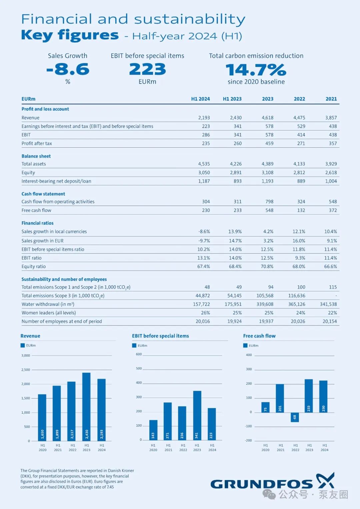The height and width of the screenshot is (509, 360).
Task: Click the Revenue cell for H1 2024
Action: tap(204, 118)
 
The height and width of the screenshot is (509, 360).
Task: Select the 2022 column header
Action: tap(299, 99)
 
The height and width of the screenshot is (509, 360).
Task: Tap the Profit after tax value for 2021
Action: tap(333, 143)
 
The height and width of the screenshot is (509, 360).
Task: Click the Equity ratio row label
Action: tap(34, 267)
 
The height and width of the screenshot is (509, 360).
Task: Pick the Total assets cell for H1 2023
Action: tap(236, 164)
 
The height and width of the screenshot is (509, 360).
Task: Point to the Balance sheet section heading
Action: tap(36, 156)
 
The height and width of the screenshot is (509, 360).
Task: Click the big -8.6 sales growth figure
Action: tap(68, 69)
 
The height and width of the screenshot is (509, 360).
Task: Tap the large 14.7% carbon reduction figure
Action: tap(256, 70)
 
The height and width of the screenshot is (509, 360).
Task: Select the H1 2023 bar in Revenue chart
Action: tap(86, 407)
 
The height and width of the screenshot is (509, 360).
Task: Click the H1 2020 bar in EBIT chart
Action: tap(153, 430)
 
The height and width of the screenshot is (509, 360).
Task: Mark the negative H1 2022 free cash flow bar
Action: tap(295, 417)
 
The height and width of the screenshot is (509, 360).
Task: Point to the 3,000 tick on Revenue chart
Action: tap(26, 355)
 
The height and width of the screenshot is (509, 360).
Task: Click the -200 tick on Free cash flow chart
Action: tap(248, 440)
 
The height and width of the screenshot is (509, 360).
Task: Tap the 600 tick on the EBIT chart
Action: tap(139, 354)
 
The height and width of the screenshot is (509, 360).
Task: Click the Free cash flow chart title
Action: tap(259, 336)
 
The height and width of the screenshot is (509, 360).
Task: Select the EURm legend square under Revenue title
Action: tap(23, 345)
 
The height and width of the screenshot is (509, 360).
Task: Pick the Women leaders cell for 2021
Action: tap(333, 313)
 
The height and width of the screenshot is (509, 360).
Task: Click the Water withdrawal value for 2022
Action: tap(297, 304)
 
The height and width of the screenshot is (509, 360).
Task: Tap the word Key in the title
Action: tap(37, 36)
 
